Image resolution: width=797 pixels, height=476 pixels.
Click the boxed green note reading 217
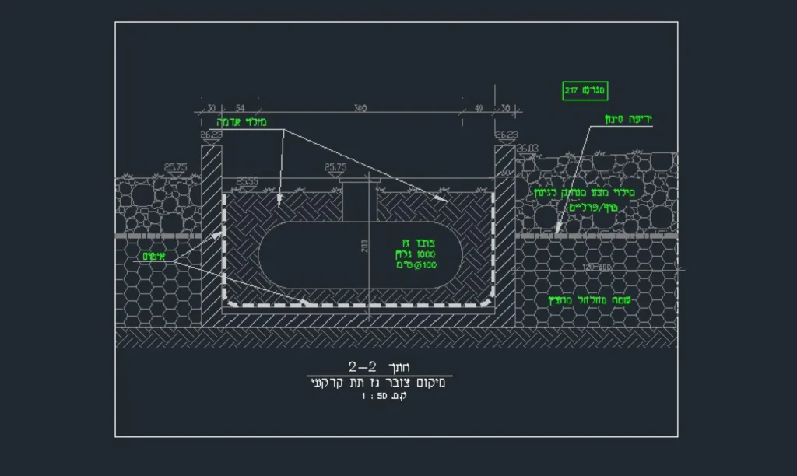(x=584, y=91)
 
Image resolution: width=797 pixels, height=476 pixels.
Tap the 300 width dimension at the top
(x=360, y=108)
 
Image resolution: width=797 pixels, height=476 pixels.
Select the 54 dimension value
(x=240, y=108)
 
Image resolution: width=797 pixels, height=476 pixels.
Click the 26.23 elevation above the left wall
(x=212, y=135)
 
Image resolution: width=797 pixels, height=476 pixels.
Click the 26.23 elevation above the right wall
(x=506, y=135)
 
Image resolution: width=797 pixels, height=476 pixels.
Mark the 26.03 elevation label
(x=528, y=148)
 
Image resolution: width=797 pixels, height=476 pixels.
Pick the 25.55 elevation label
(x=248, y=181)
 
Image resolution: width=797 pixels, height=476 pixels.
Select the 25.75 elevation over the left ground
(x=176, y=166)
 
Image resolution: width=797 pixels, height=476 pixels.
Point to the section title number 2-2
(x=363, y=366)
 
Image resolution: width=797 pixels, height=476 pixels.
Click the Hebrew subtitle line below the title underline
(x=379, y=383)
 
